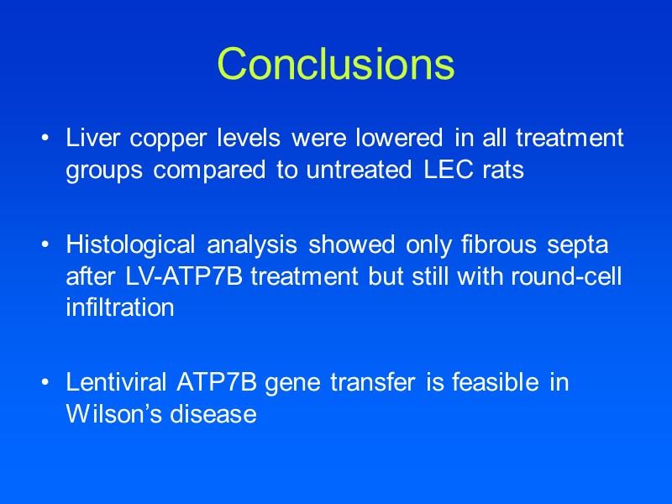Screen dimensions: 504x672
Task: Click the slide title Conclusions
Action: pos(336,64)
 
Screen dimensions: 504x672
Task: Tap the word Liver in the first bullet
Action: pos(90,138)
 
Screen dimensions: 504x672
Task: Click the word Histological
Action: pos(129,244)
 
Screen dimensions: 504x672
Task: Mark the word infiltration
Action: pos(120,308)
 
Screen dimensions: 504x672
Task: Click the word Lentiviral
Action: pos(118,382)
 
